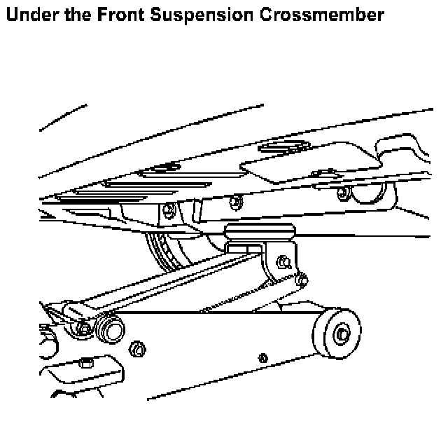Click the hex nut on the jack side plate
[x=138, y=348]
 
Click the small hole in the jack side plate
[x=262, y=358]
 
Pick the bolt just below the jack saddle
[x=283, y=263]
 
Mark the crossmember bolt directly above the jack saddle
[x=237, y=202]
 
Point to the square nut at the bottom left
[x=86, y=363]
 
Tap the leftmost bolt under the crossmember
[x=170, y=208]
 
